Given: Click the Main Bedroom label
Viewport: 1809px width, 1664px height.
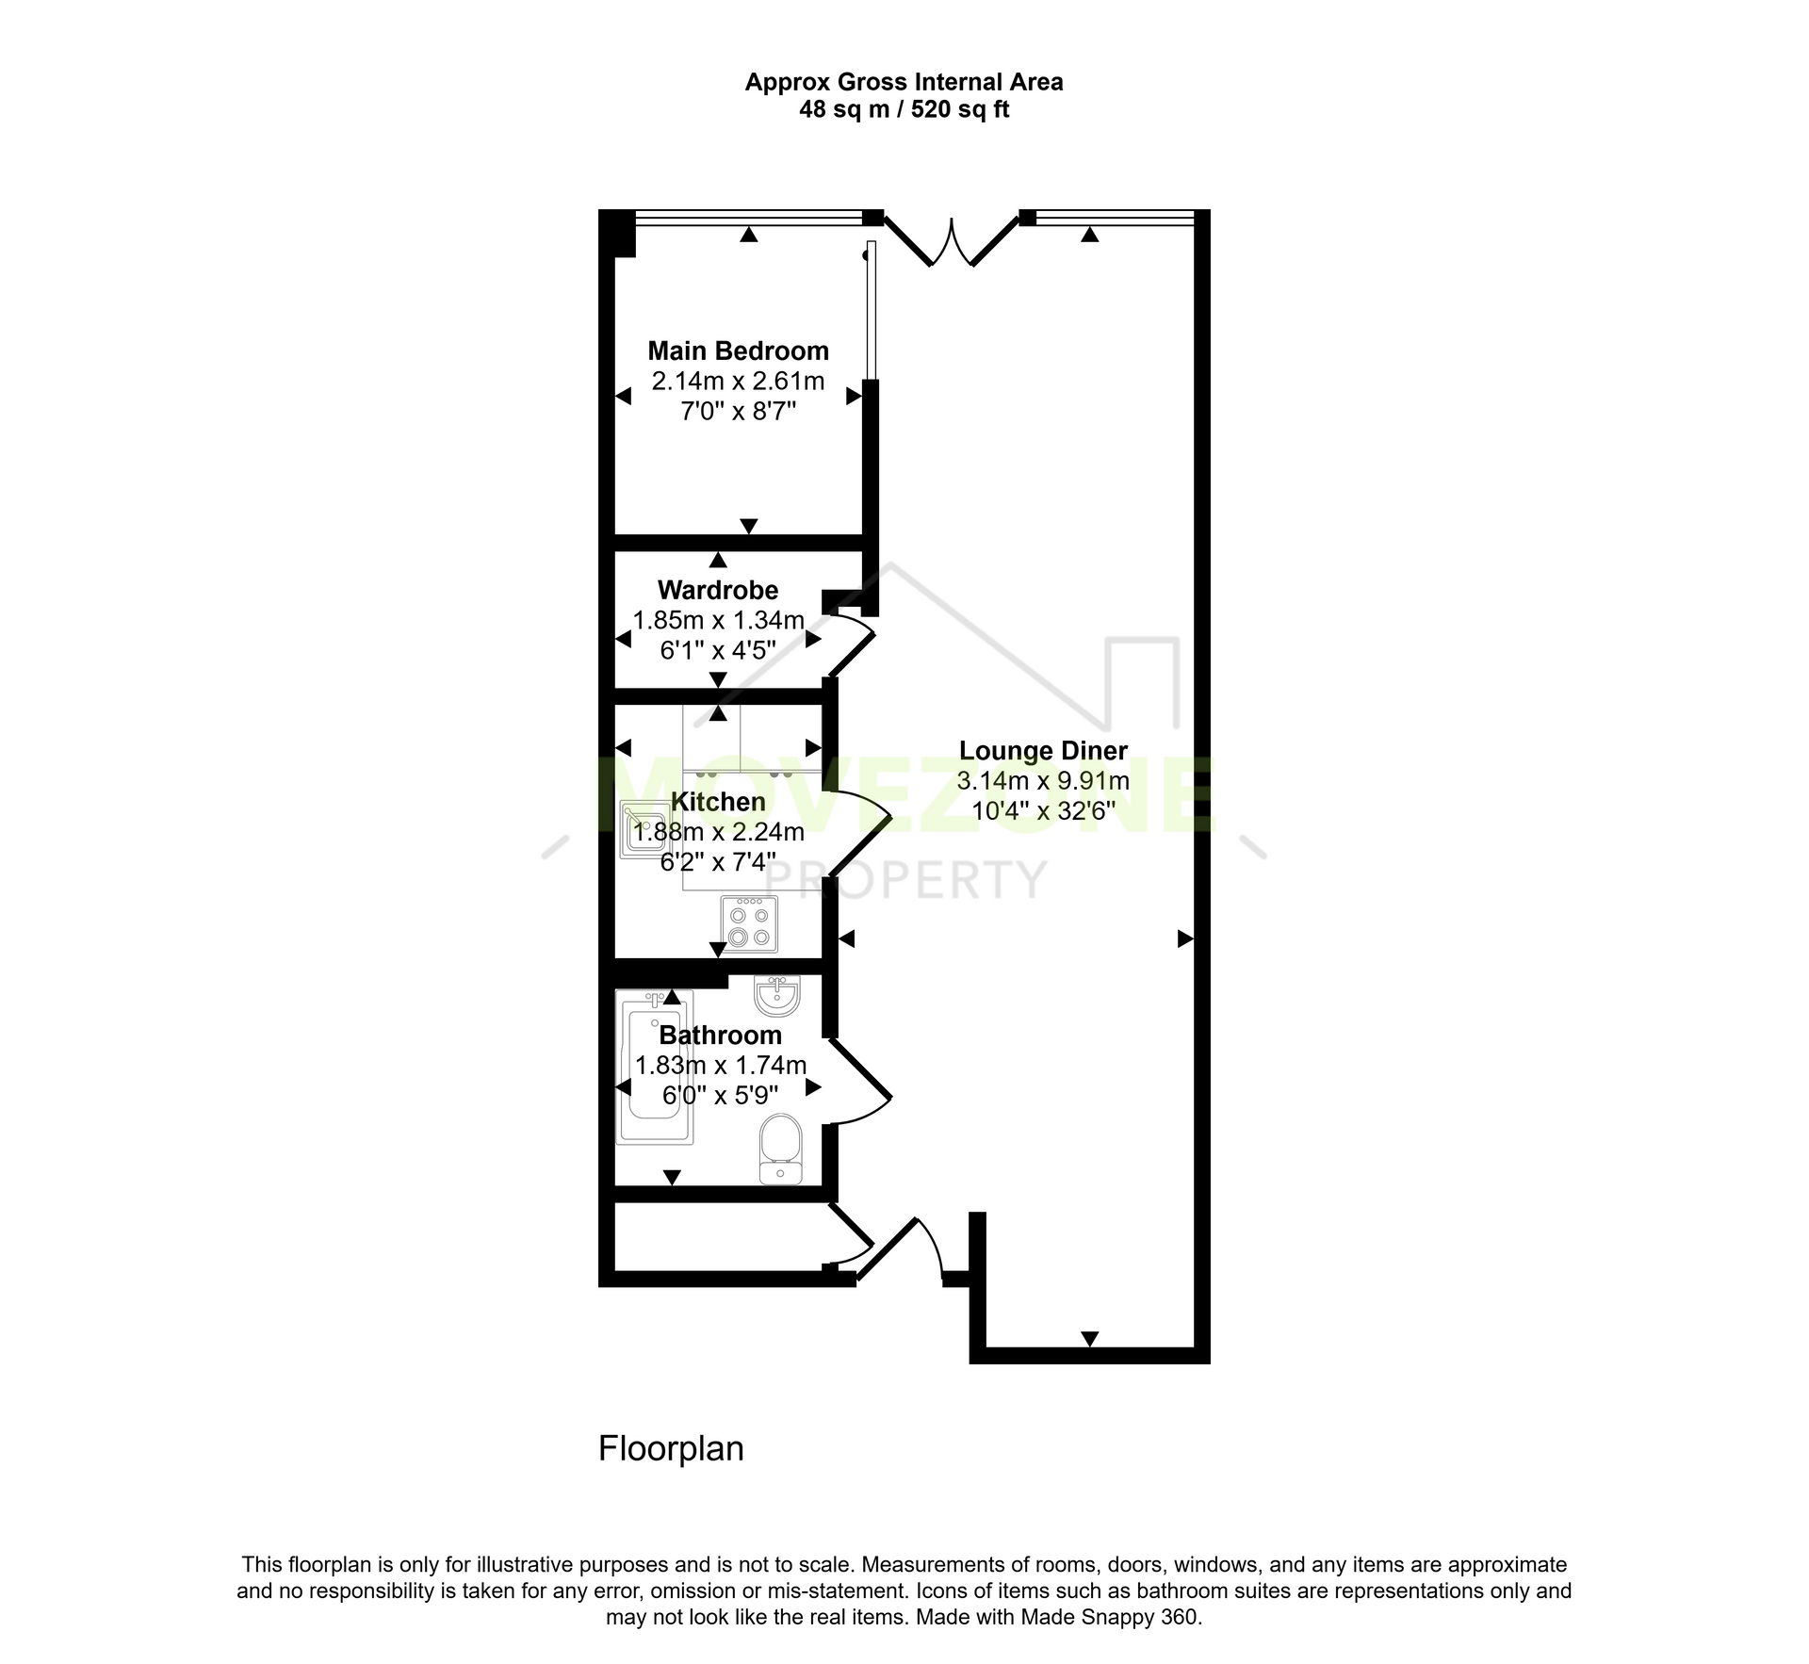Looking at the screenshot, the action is click(x=738, y=351).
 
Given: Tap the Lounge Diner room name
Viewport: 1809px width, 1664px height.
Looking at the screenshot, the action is click(x=1043, y=751).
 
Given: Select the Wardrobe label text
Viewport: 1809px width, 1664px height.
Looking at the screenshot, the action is click(x=718, y=591).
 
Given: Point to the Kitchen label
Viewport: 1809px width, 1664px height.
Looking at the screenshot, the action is click(x=718, y=802).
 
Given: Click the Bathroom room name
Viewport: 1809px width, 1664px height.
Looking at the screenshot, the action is click(x=721, y=1036).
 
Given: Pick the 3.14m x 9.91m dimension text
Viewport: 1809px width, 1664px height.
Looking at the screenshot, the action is click(x=1043, y=781).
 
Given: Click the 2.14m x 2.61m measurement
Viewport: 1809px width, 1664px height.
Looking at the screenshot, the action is click(x=738, y=382).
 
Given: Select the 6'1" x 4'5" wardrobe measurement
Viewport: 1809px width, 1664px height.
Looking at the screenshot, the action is click(x=718, y=650).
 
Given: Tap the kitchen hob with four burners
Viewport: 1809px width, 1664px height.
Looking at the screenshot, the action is click(x=750, y=923).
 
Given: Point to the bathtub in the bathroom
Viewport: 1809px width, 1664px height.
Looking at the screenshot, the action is click(x=655, y=1068).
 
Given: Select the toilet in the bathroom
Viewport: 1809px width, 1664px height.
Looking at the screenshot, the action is click(x=780, y=1149).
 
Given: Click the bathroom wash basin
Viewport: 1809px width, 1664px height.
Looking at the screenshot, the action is click(x=777, y=997).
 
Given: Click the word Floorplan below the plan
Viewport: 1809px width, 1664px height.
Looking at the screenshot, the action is click(x=671, y=1448).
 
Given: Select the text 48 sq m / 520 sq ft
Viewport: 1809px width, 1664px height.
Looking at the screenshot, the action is click(x=904, y=109).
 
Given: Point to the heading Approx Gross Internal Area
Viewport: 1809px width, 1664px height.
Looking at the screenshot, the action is click(x=904, y=82).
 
